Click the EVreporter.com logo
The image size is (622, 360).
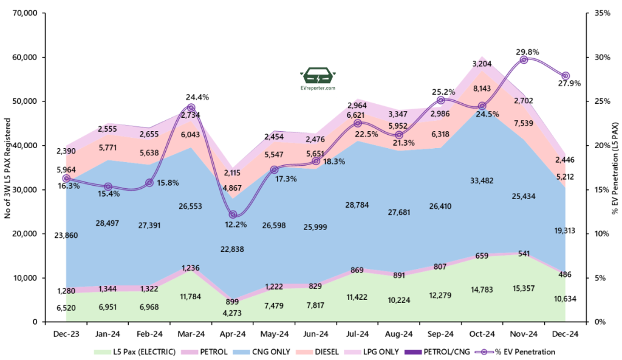(x=318, y=80)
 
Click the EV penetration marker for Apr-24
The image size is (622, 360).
(x=233, y=215)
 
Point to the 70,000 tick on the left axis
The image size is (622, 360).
(x=25, y=13)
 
